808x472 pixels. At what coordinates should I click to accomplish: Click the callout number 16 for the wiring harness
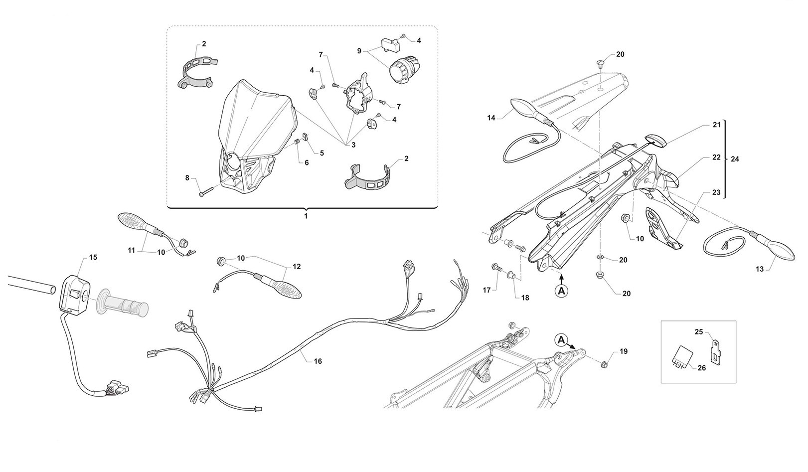[x=318, y=361]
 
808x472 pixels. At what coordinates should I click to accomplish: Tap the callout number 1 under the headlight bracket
[x=306, y=216]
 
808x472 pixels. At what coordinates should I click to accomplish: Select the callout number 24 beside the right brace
[x=734, y=158]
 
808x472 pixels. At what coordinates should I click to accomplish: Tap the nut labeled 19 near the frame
[x=605, y=365]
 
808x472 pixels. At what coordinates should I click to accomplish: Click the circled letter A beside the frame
[x=561, y=340]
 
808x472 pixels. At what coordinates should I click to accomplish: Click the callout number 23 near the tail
[x=716, y=192]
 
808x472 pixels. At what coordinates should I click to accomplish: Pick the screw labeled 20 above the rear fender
[x=599, y=64]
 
